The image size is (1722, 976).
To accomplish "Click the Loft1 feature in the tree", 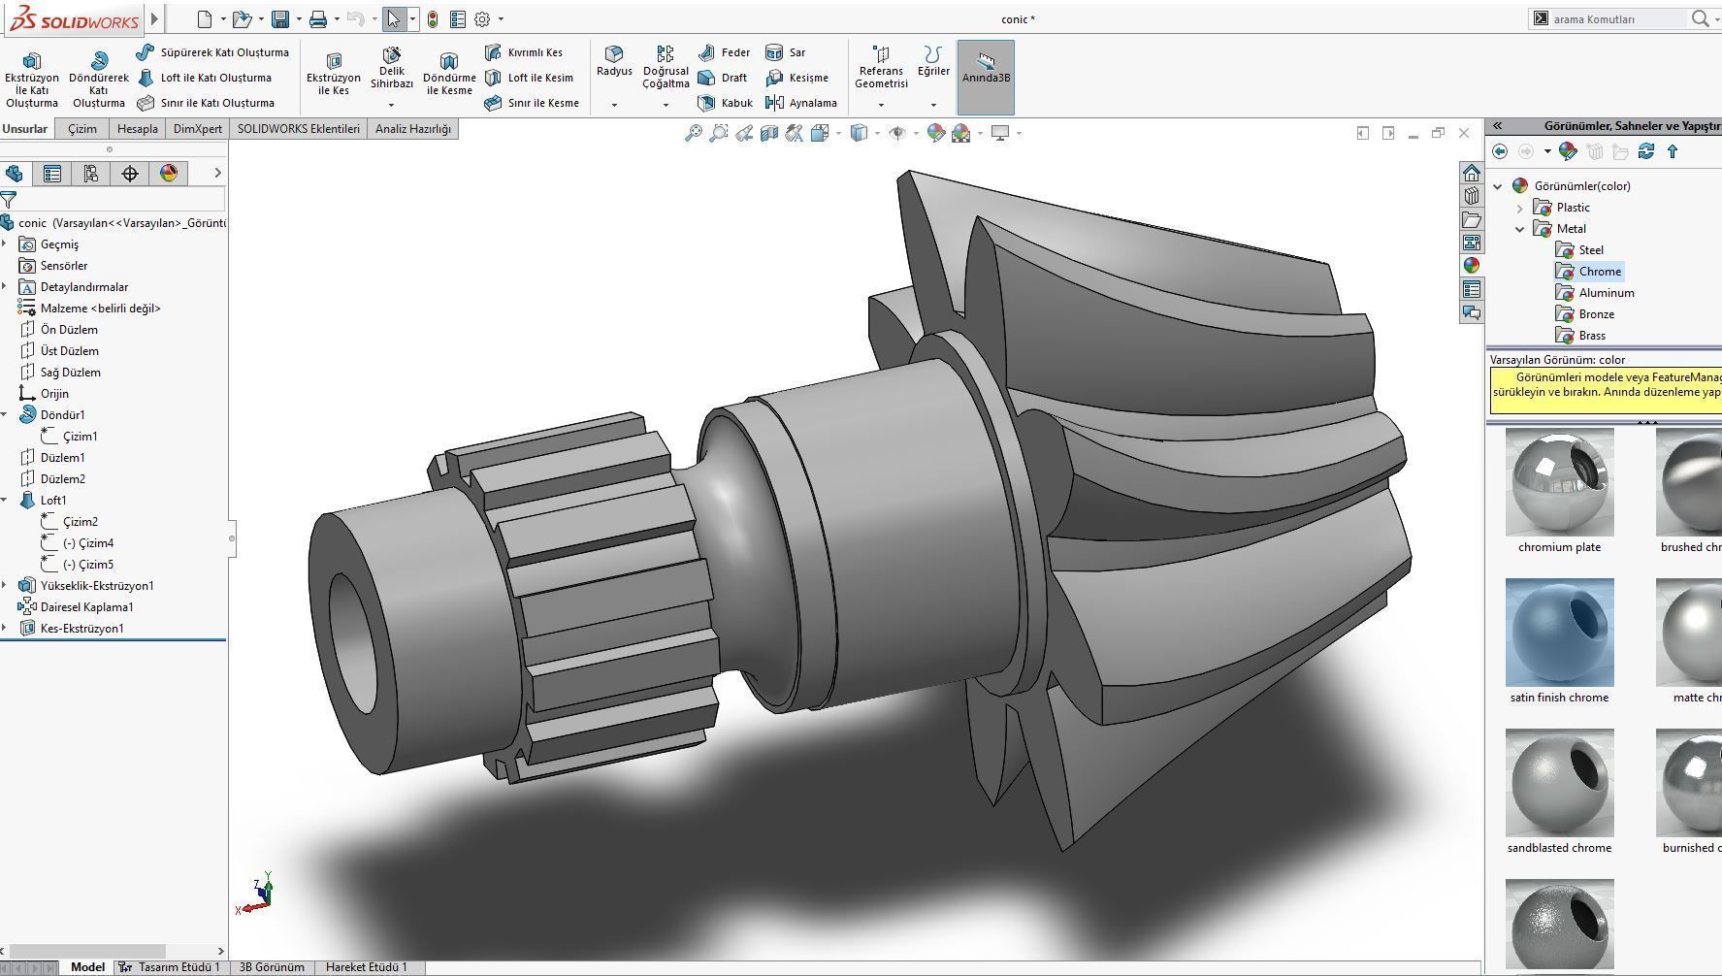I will [x=52, y=501].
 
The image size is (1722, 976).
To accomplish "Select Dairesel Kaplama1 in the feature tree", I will [x=86, y=607].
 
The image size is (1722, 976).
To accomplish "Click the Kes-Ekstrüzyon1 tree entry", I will [x=81, y=629].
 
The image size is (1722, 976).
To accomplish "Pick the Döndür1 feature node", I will [x=62, y=415].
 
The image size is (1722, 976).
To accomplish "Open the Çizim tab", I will [x=81, y=129].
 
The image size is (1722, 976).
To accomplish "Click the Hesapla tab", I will [x=137, y=129].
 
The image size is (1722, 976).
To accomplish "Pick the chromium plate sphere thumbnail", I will [x=1559, y=483].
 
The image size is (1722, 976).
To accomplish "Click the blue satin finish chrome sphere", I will [x=1559, y=633].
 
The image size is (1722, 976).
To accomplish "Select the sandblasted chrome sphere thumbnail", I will [x=1559, y=783].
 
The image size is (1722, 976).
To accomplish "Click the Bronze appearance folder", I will [x=1596, y=314].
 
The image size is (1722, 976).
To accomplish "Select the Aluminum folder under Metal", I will [x=1606, y=293].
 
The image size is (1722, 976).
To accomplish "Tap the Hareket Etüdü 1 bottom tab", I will [x=366, y=967].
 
